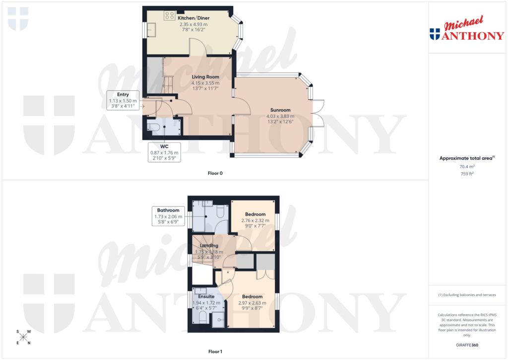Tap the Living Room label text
point(205,77)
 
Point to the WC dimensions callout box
point(164,152)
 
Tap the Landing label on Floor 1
point(209,246)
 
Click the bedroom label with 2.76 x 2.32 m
point(255,215)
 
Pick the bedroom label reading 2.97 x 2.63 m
point(253,297)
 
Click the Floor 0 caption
point(215,174)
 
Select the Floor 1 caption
point(215,352)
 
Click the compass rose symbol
point(23,337)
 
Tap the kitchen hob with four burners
point(169,15)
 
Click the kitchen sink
point(152,30)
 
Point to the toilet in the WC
point(154,128)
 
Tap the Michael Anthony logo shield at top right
point(435,34)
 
